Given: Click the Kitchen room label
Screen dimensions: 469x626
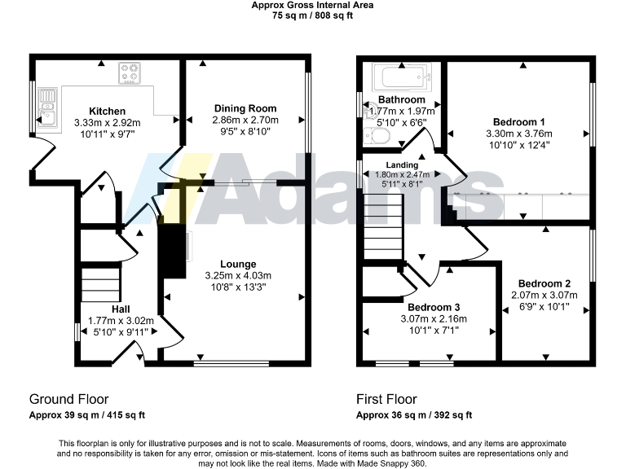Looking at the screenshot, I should coord(107,111).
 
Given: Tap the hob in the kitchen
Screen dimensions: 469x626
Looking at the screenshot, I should coord(130,74).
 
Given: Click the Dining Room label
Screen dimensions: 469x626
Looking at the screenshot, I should coord(245,108).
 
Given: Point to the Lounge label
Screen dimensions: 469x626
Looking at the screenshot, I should coord(238,264).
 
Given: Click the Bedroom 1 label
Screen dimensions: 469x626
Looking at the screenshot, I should coord(525,122).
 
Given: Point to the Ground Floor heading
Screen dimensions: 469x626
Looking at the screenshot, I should coord(69,399).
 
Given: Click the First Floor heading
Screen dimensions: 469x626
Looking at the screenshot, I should coord(386,399).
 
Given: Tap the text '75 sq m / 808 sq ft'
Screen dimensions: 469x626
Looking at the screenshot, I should coord(313,15).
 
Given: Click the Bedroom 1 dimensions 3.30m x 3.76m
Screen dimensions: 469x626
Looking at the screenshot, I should coord(525,134).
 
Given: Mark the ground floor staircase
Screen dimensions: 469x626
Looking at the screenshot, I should coord(99,290).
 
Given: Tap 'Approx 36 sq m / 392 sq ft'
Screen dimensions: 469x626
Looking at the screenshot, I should coord(414,415).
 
